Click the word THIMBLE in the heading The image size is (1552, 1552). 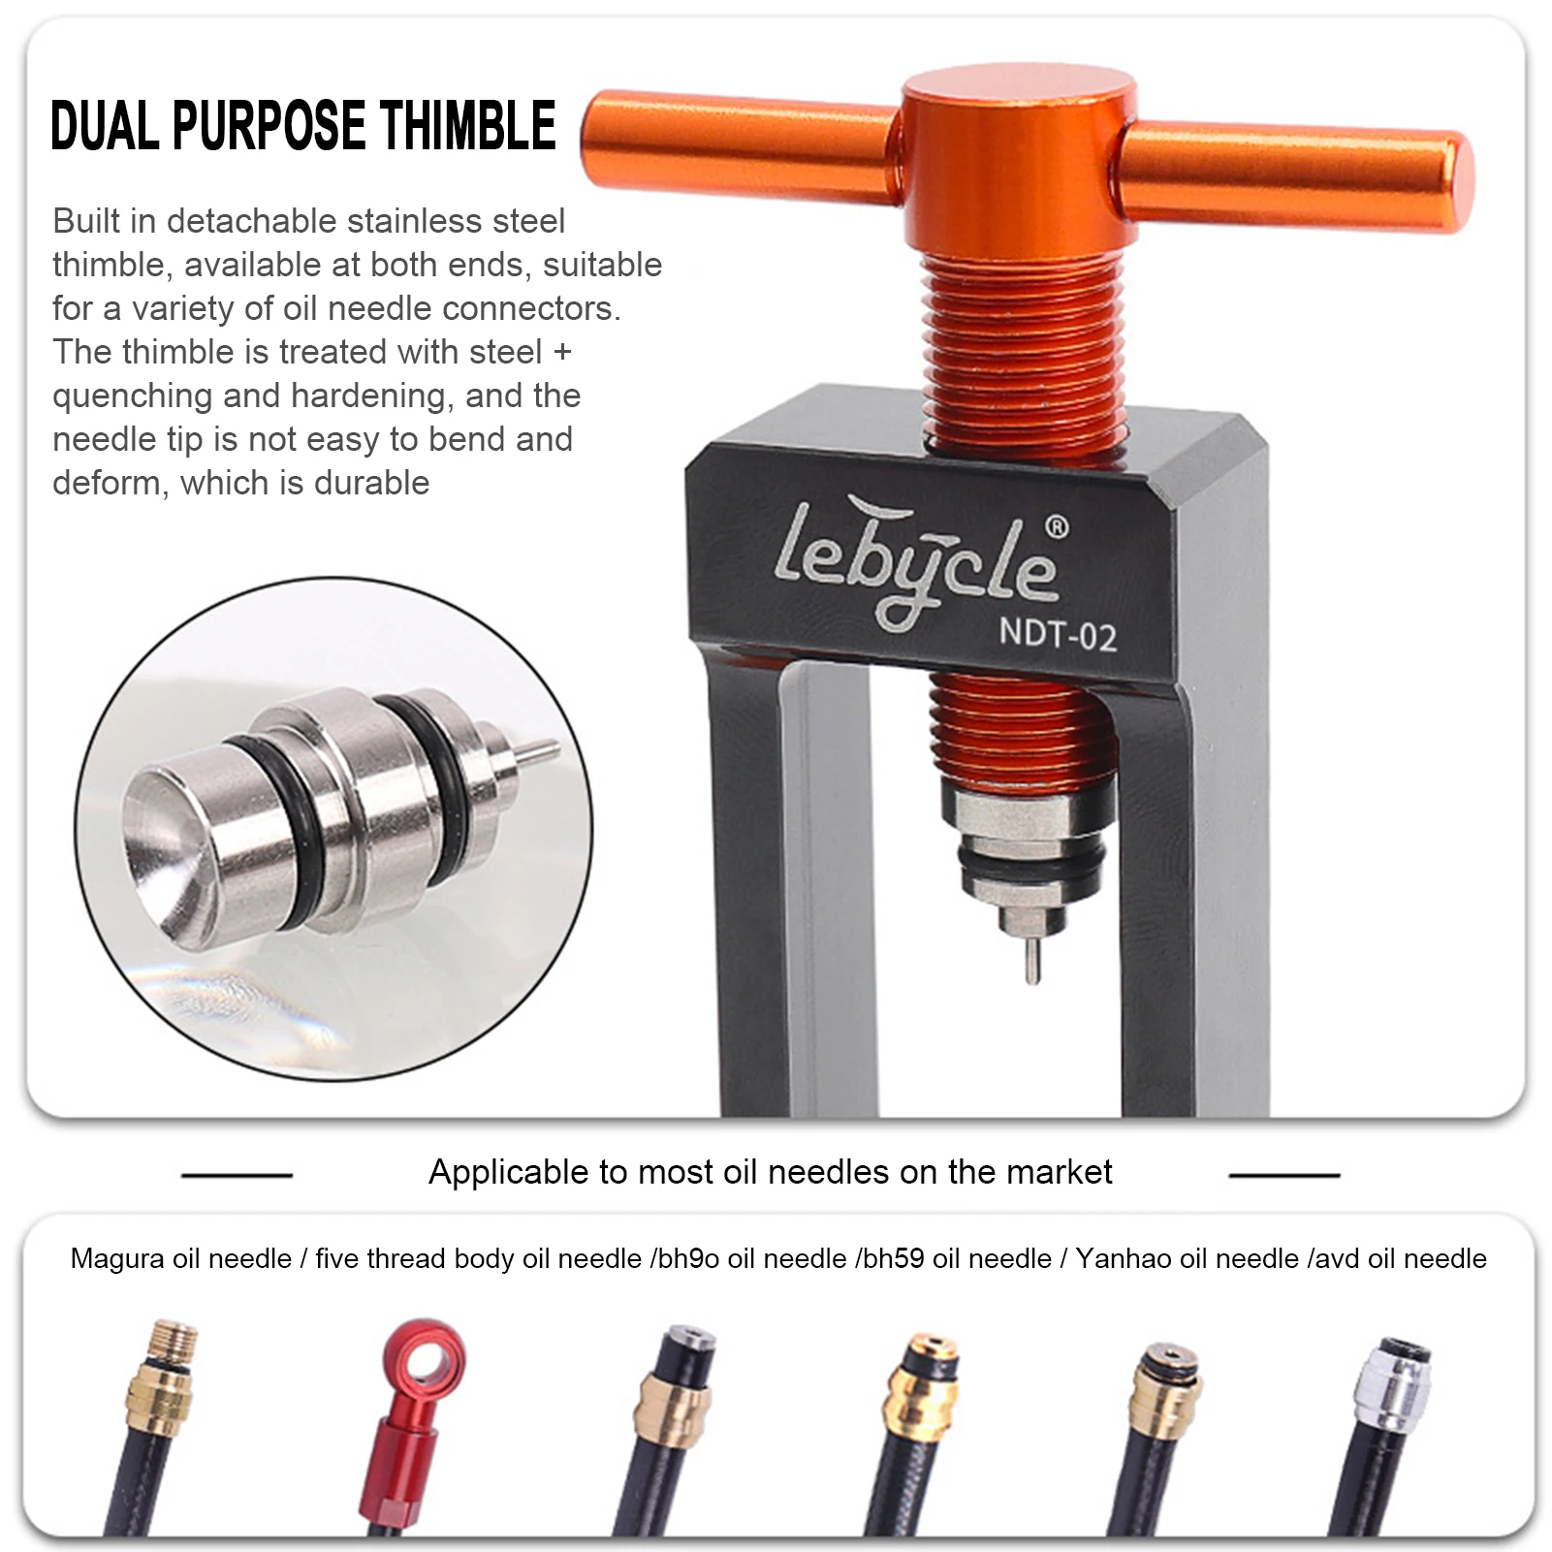pos(467,126)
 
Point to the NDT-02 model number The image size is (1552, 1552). pos(1058,635)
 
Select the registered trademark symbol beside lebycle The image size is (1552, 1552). pos(1057,527)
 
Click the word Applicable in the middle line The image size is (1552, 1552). pos(510,1173)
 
